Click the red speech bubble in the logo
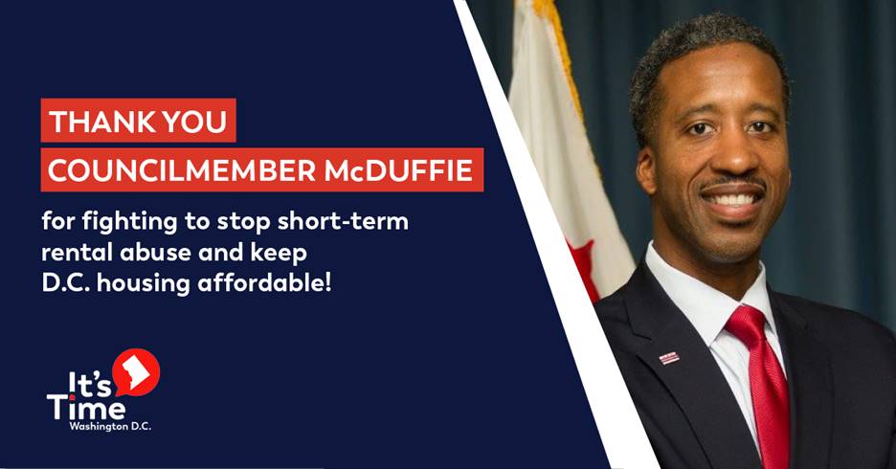pyautogui.click(x=136, y=371)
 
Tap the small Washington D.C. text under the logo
pyautogui.click(x=110, y=427)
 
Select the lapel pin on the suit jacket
pyautogui.click(x=669, y=357)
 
